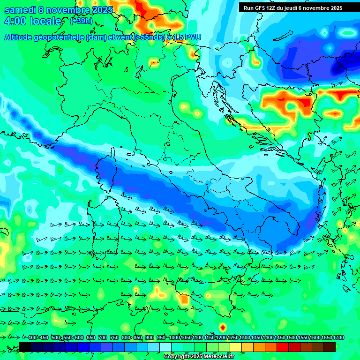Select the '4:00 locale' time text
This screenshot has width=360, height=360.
[x=33, y=22]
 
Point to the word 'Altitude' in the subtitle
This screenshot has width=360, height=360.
[x=20, y=37]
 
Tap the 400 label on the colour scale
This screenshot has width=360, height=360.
[x=32, y=338]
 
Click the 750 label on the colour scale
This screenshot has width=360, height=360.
[x=114, y=338]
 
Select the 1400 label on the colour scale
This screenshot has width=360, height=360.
[x=269, y=338]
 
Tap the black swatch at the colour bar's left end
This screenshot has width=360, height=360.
[x=25, y=347]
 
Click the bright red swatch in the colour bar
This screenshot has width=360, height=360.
[x=282, y=347]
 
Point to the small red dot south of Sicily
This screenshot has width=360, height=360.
[x=223, y=327]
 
